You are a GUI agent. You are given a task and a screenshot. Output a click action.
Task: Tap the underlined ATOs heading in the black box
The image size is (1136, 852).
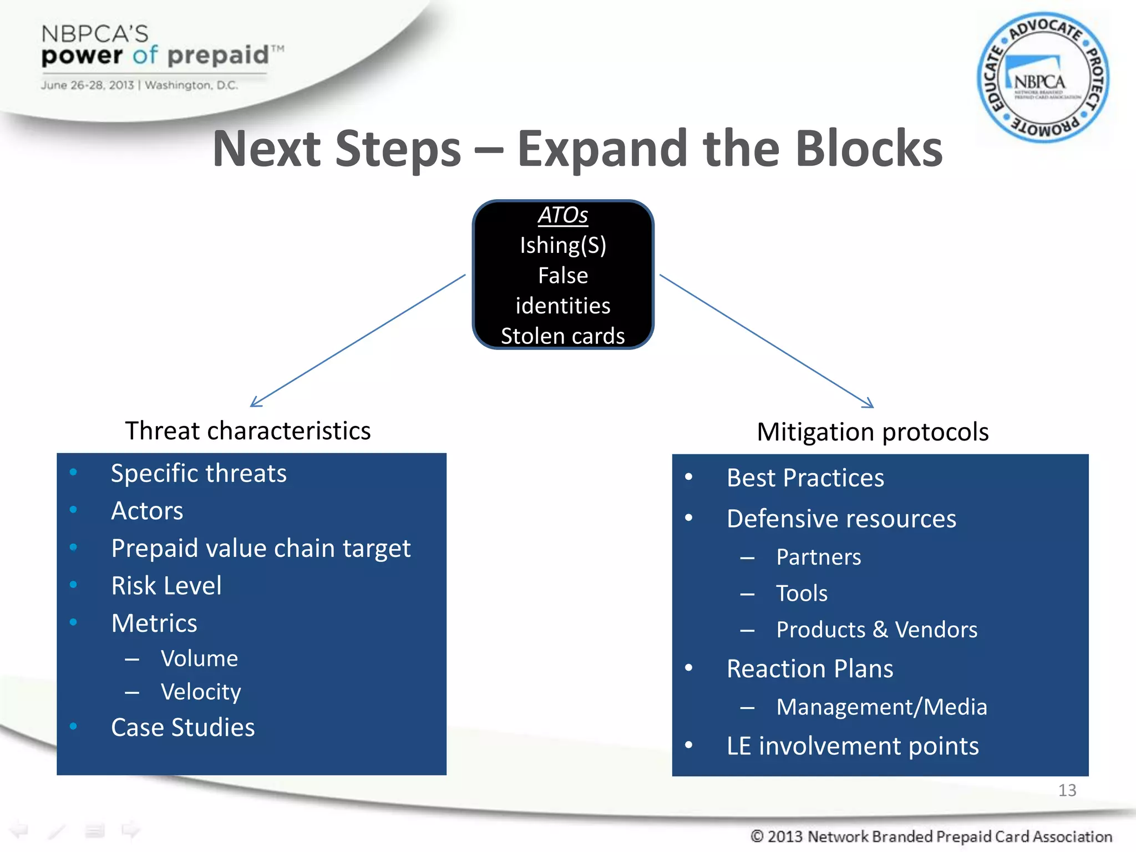pos(562,215)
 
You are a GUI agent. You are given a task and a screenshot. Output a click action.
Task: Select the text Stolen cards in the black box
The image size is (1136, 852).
pos(562,336)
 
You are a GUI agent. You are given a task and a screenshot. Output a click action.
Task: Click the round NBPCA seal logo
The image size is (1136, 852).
pos(1043,78)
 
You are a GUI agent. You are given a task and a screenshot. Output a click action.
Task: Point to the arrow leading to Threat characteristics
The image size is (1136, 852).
pos(358,341)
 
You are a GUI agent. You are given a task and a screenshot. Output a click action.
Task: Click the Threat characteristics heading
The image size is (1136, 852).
pos(247,431)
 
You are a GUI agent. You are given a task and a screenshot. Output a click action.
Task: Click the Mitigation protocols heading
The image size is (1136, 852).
pos(873,432)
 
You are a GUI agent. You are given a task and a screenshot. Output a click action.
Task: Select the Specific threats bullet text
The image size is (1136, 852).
pos(199,474)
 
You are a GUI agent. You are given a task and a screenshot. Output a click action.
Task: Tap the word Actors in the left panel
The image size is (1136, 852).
pos(147,511)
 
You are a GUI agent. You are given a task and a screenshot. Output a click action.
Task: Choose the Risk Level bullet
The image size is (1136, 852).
pos(166,586)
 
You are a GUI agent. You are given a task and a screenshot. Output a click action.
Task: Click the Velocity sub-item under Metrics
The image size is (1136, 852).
pos(201,692)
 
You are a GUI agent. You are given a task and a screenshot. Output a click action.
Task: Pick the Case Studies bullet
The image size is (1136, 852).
pos(183,727)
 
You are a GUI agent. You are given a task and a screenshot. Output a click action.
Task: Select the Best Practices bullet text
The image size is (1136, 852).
pos(805,478)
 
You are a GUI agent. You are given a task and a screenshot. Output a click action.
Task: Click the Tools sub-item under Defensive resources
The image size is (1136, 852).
pos(802,594)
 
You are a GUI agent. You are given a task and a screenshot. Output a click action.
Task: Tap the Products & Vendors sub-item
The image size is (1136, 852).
pos(876,630)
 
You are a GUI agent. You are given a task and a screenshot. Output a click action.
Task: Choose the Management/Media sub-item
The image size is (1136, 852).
pos(881,707)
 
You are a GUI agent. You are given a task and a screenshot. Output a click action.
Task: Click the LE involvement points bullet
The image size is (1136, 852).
pos(853,746)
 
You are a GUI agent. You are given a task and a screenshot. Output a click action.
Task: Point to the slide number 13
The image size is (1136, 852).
pos(1067,790)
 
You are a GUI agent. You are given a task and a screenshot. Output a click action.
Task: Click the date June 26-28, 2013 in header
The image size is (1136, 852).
pos(87,85)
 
